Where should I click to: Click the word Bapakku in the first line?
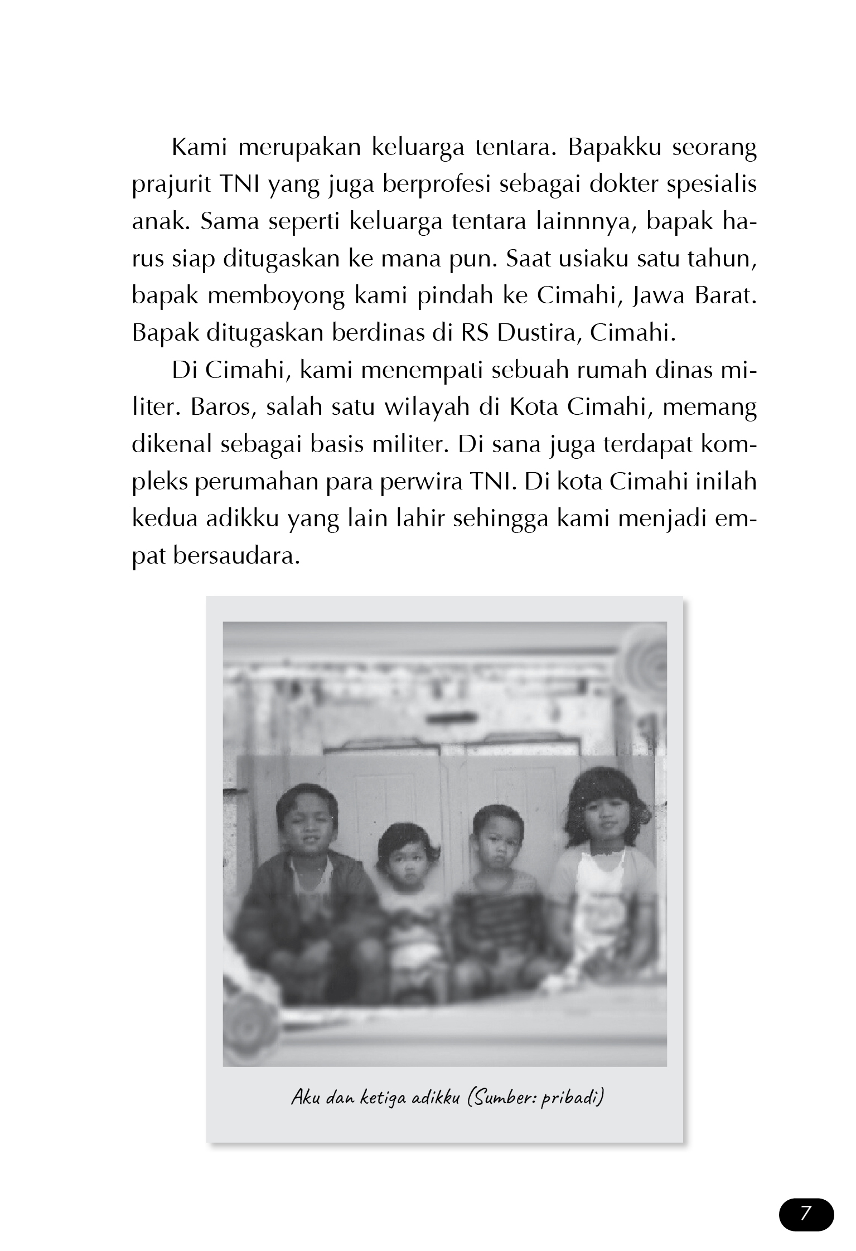tap(615, 149)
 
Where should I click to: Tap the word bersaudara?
tap(234, 556)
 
